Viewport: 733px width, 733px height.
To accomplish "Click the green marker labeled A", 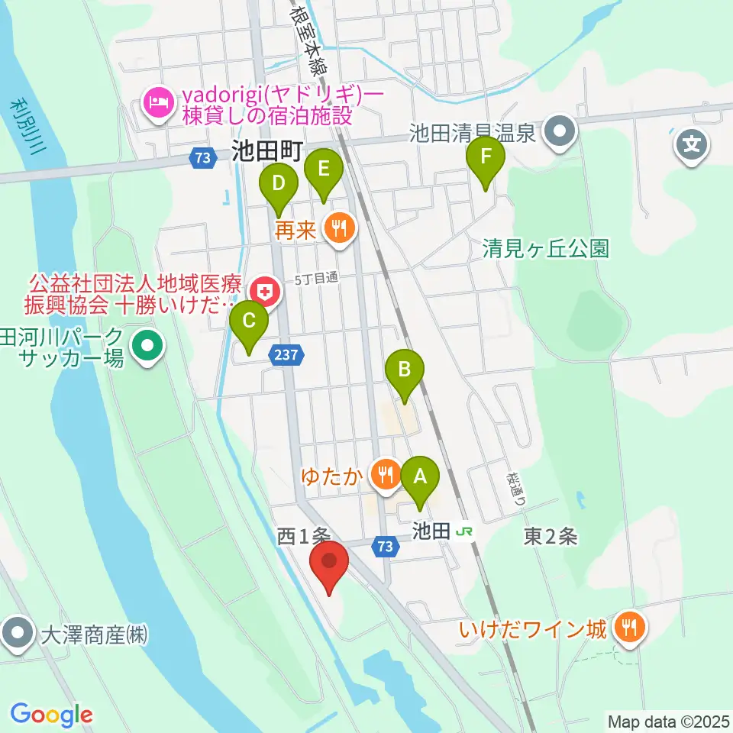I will click(x=419, y=477).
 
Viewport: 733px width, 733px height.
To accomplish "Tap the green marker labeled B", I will click(x=404, y=370).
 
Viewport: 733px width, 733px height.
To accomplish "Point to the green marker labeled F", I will click(x=486, y=157).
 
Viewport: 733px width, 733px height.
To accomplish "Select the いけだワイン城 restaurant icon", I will click(x=628, y=628).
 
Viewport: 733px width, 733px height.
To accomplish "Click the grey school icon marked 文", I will click(x=692, y=143).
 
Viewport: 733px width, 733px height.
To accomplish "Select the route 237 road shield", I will click(x=288, y=355).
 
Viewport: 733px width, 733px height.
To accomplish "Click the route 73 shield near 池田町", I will click(x=202, y=157).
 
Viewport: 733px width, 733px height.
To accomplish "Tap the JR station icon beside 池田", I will click(x=462, y=531).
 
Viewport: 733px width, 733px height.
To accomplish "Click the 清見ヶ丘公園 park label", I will click(x=546, y=248).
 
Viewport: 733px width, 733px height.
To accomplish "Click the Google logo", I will click(x=52, y=715).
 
